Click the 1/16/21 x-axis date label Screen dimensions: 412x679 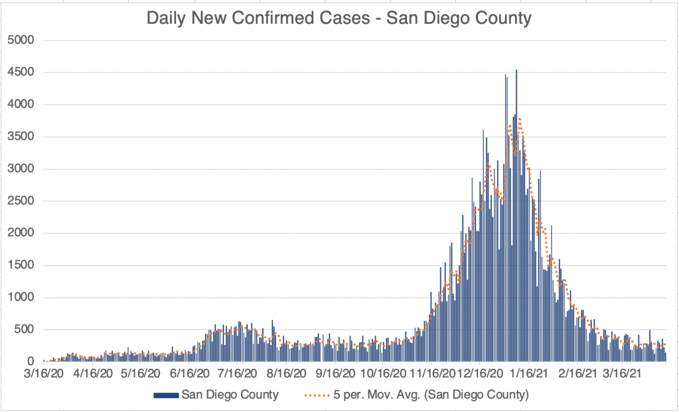[530, 373]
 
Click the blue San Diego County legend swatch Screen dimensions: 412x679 [166, 395]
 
